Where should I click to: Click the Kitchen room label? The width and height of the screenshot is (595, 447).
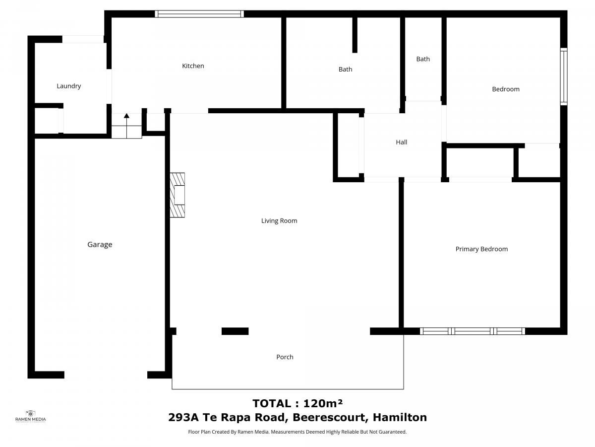click(x=193, y=66)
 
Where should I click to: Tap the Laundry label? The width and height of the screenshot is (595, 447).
click(x=68, y=86)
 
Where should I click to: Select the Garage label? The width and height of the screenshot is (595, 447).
click(x=100, y=244)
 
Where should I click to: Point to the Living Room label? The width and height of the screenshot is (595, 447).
click(x=279, y=221)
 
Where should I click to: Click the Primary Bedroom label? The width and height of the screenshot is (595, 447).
click(x=481, y=249)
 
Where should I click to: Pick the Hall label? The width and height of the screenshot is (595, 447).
click(x=401, y=142)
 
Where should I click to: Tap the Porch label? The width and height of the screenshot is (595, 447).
click(x=285, y=357)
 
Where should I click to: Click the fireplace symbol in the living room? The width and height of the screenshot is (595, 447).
click(x=178, y=195)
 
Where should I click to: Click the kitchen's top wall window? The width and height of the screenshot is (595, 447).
click(x=199, y=14)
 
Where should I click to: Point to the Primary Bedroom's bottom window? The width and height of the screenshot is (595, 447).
click(x=472, y=331)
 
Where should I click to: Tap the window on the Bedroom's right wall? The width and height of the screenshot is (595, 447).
click(x=564, y=76)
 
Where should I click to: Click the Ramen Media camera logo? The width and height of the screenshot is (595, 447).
click(x=30, y=413)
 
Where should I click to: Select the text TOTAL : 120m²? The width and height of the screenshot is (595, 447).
click(x=297, y=403)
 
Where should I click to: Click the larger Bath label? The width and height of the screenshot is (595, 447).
click(x=345, y=70)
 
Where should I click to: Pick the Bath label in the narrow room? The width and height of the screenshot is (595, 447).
click(x=423, y=59)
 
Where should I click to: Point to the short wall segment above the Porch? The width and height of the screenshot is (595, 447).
click(x=235, y=331)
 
